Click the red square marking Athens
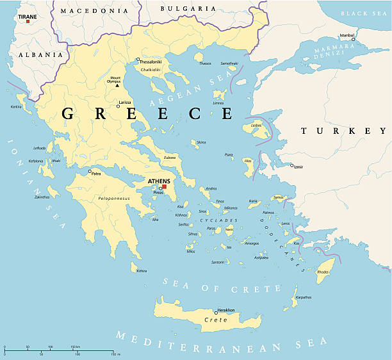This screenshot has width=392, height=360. pos(163,187)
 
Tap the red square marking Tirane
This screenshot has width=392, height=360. pos(28,21)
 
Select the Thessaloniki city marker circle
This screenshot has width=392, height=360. pos(138,60)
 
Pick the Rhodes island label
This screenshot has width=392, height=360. pos(323,272)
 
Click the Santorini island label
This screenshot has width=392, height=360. pos(218,262)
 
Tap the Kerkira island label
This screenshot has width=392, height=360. pos(16,106)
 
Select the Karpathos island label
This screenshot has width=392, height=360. pos(304,298)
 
